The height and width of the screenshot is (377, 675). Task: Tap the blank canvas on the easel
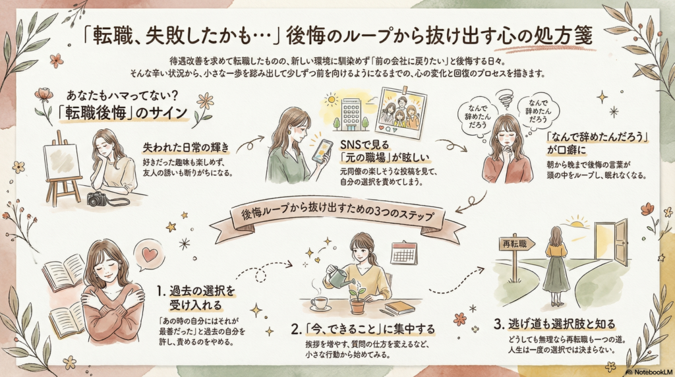coord(61,161)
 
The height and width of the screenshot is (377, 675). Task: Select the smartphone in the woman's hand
coord(321,151)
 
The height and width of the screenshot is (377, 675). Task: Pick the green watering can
coord(337,277)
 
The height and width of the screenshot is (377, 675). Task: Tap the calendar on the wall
coord(403,253)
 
